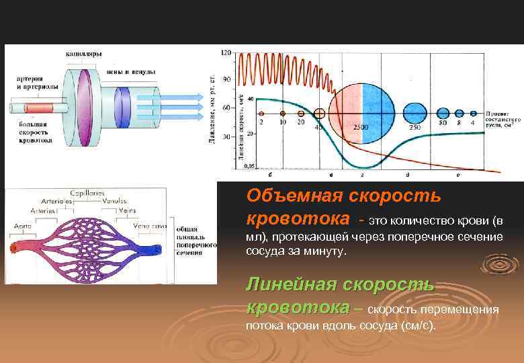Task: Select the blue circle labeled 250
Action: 415,113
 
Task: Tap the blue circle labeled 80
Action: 443,113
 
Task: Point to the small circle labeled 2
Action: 261,114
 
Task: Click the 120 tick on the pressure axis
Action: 226,52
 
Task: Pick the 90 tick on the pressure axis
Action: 226,79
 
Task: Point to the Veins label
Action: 127,210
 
